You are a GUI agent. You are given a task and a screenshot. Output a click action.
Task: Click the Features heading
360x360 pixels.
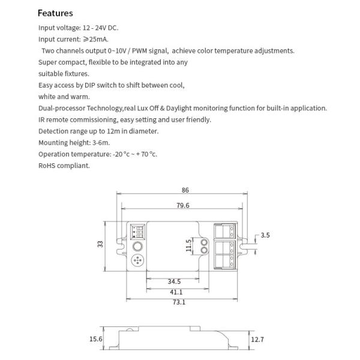click(x=55, y=13)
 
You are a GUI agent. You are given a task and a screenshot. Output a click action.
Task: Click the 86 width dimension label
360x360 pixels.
click(x=185, y=190)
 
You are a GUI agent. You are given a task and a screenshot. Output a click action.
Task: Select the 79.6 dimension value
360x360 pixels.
click(x=183, y=205)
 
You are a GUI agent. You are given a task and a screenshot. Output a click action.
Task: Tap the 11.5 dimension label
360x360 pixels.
click(x=188, y=245)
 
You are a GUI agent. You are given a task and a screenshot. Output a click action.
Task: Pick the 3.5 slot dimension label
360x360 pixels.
click(x=265, y=235)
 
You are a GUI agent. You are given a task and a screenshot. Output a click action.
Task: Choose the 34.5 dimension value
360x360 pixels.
click(x=174, y=281)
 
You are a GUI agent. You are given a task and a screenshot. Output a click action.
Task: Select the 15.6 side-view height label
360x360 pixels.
click(x=95, y=339)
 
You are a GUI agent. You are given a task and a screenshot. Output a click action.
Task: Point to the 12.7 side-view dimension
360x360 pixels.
click(x=257, y=340)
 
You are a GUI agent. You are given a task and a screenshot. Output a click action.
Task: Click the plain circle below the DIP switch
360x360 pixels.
click(x=137, y=247)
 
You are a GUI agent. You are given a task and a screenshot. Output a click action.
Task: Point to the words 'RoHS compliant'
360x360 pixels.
click(x=64, y=165)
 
